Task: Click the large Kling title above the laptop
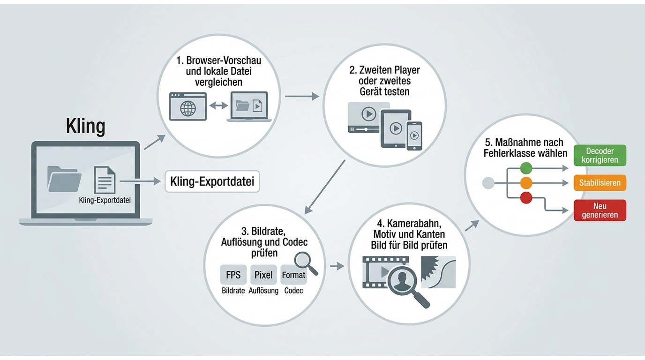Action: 85,127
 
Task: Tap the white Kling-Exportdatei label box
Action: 212,182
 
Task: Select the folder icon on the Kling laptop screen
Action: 64,179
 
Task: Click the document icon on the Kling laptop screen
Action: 105,180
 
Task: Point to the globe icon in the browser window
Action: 188,109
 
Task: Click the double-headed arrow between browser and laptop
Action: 218,105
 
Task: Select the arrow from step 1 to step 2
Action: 302,96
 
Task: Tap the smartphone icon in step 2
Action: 414,136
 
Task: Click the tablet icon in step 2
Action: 396,128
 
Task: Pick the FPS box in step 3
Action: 233,275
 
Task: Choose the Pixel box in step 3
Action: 263,275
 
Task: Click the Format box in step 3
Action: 293,275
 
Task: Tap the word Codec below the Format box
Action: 293,291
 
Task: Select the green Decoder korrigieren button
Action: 600,156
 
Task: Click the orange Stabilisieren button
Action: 600,183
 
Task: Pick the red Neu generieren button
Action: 600,210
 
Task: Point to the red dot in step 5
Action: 526,197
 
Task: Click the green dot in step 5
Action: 526,168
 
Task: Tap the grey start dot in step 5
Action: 488,183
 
